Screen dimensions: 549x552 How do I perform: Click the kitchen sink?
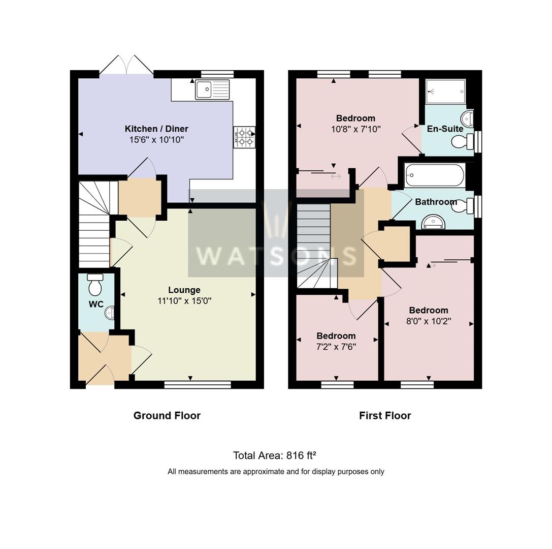(212, 90)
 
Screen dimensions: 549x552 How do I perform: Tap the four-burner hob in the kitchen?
(244, 137)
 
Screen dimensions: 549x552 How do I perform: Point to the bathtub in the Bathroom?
(435, 175)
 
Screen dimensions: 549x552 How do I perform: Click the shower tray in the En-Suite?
(445, 91)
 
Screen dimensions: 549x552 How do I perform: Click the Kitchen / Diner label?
(156, 129)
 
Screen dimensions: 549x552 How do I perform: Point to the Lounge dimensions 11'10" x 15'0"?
(184, 301)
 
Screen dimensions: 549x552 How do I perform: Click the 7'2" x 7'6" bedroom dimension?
(336, 347)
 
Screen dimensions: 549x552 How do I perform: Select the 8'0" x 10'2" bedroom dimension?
(429, 321)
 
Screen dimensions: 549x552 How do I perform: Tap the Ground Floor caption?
(167, 415)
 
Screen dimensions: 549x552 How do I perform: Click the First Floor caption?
(384, 415)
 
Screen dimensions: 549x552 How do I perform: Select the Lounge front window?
(198, 385)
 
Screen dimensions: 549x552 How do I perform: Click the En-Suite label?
(445, 129)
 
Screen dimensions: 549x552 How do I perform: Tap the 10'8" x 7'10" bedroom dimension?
(355, 129)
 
